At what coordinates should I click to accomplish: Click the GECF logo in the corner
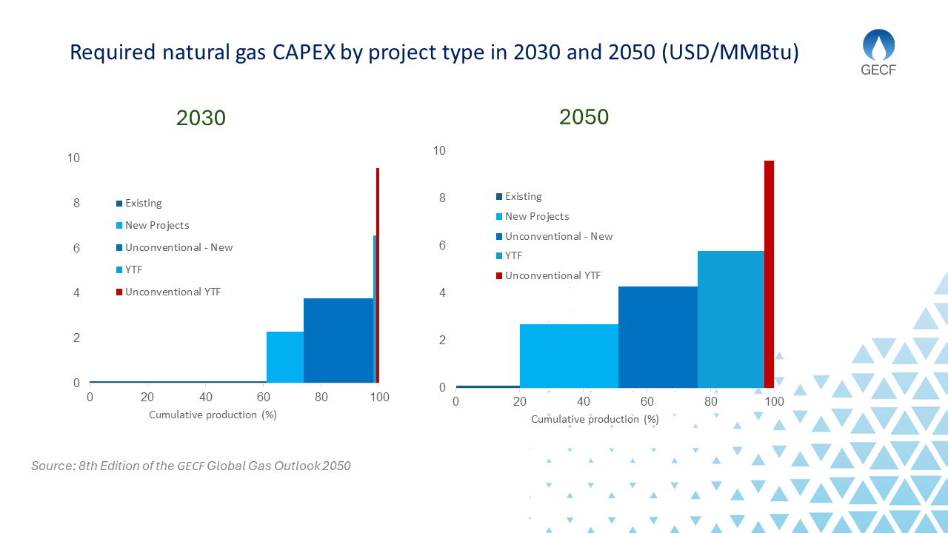[878, 53]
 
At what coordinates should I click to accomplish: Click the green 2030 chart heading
[201, 118]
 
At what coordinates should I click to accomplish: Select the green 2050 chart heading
[584, 117]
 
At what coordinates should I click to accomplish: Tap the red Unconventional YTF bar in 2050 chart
[769, 274]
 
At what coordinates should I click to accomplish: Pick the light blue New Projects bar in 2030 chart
[285, 357]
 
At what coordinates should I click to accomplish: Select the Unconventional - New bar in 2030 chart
[338, 341]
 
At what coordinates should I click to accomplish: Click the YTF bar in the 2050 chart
[730, 319]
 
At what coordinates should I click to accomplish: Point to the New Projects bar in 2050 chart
[569, 355]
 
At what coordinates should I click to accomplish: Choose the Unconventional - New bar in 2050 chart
[658, 337]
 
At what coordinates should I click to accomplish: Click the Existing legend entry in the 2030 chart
[143, 204]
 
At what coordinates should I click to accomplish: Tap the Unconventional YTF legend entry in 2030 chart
[173, 292]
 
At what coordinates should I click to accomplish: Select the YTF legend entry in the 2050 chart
[513, 256]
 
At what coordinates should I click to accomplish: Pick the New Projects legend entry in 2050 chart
[536, 217]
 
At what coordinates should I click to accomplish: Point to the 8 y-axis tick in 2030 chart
[76, 203]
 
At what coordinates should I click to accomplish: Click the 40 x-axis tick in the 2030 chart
[206, 398]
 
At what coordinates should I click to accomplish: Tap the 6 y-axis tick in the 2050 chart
[443, 246]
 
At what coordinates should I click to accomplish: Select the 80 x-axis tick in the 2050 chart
[710, 401]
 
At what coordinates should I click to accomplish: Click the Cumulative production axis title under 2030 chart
[213, 415]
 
